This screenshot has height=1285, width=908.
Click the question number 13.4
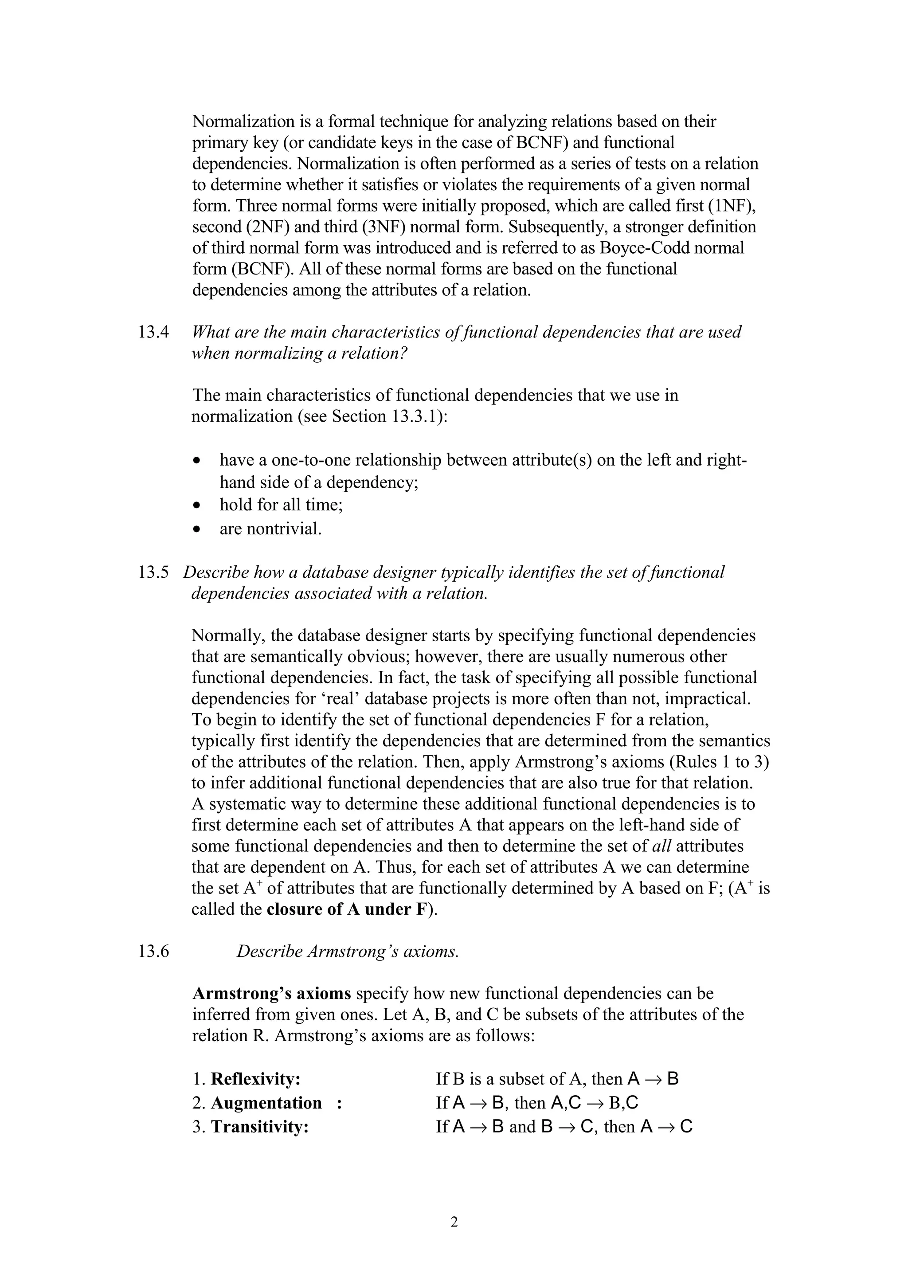coord(153,333)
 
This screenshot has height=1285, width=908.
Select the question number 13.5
coord(153,572)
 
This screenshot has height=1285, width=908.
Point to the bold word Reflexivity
coord(255,1079)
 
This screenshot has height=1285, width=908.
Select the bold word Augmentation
coord(266,1103)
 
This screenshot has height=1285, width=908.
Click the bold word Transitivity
coord(260,1127)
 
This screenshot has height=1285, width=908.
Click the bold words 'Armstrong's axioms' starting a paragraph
coord(271,993)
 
